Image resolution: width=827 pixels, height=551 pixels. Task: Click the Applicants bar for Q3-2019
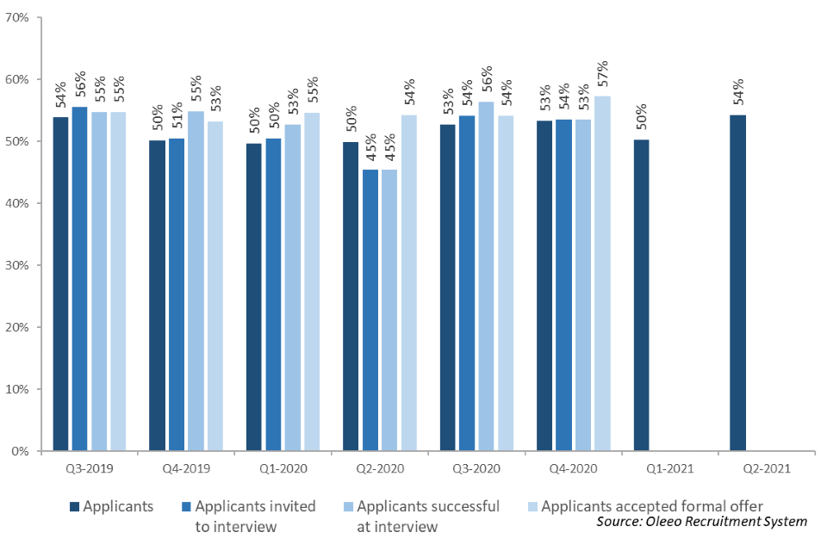(x=60, y=284)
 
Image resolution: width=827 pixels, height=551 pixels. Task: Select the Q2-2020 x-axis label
(x=379, y=469)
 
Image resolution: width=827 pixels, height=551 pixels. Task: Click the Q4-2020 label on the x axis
(x=573, y=469)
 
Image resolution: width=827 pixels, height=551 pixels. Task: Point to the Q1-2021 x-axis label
(x=669, y=469)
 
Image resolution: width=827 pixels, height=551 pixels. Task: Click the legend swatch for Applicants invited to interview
(x=186, y=507)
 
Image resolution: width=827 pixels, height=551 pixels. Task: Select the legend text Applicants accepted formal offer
(x=652, y=506)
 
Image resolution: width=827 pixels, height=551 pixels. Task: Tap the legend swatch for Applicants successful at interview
(x=347, y=507)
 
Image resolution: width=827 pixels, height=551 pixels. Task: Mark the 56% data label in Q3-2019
(x=80, y=89)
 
